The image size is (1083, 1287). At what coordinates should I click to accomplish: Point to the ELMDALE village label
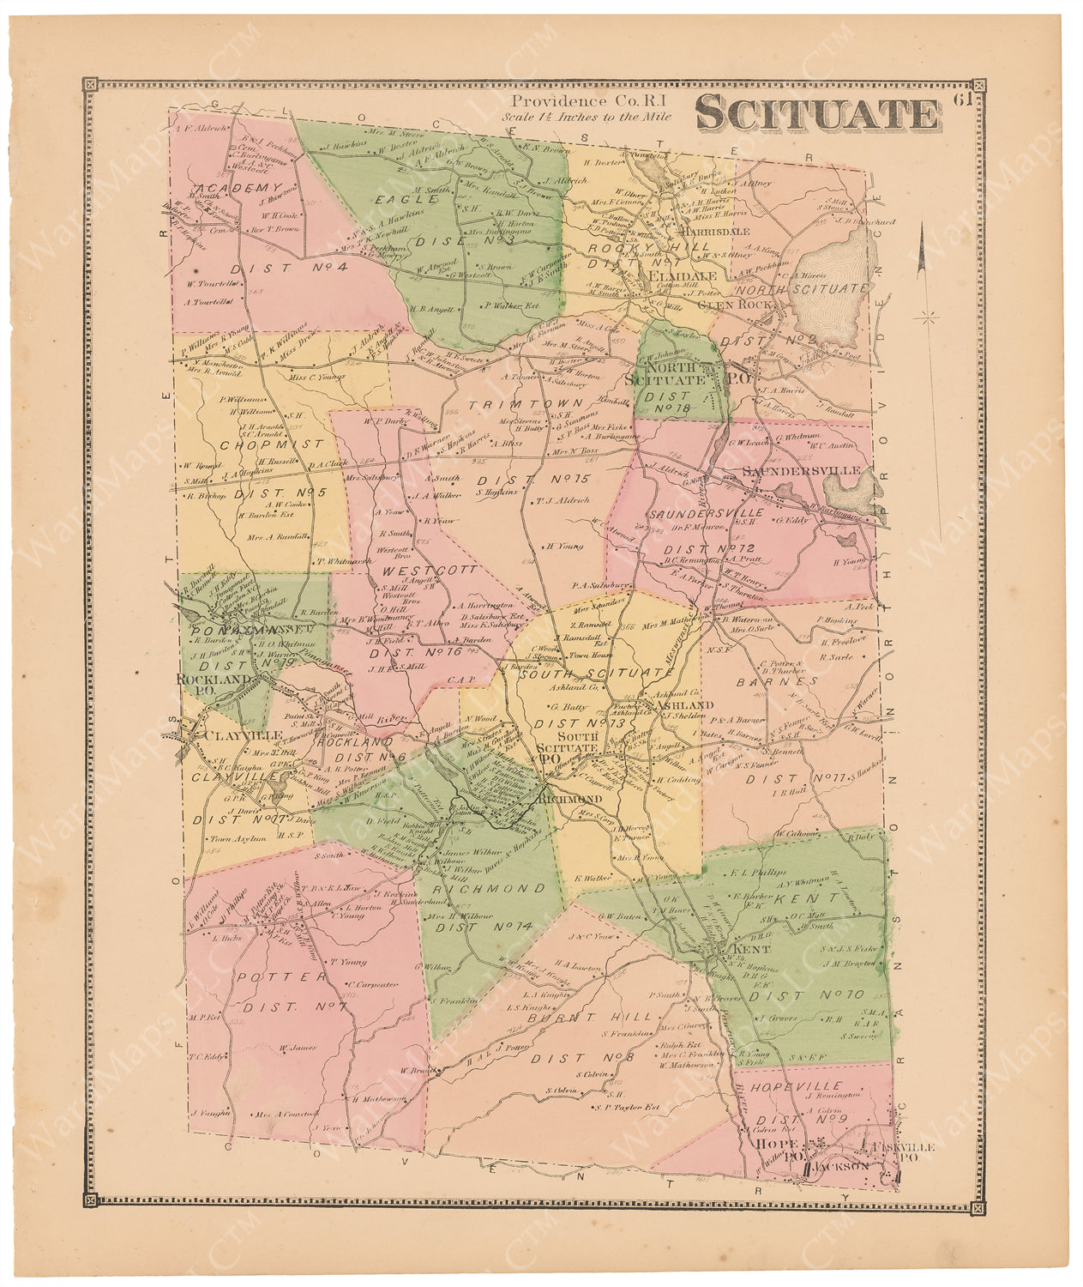tap(670, 278)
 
